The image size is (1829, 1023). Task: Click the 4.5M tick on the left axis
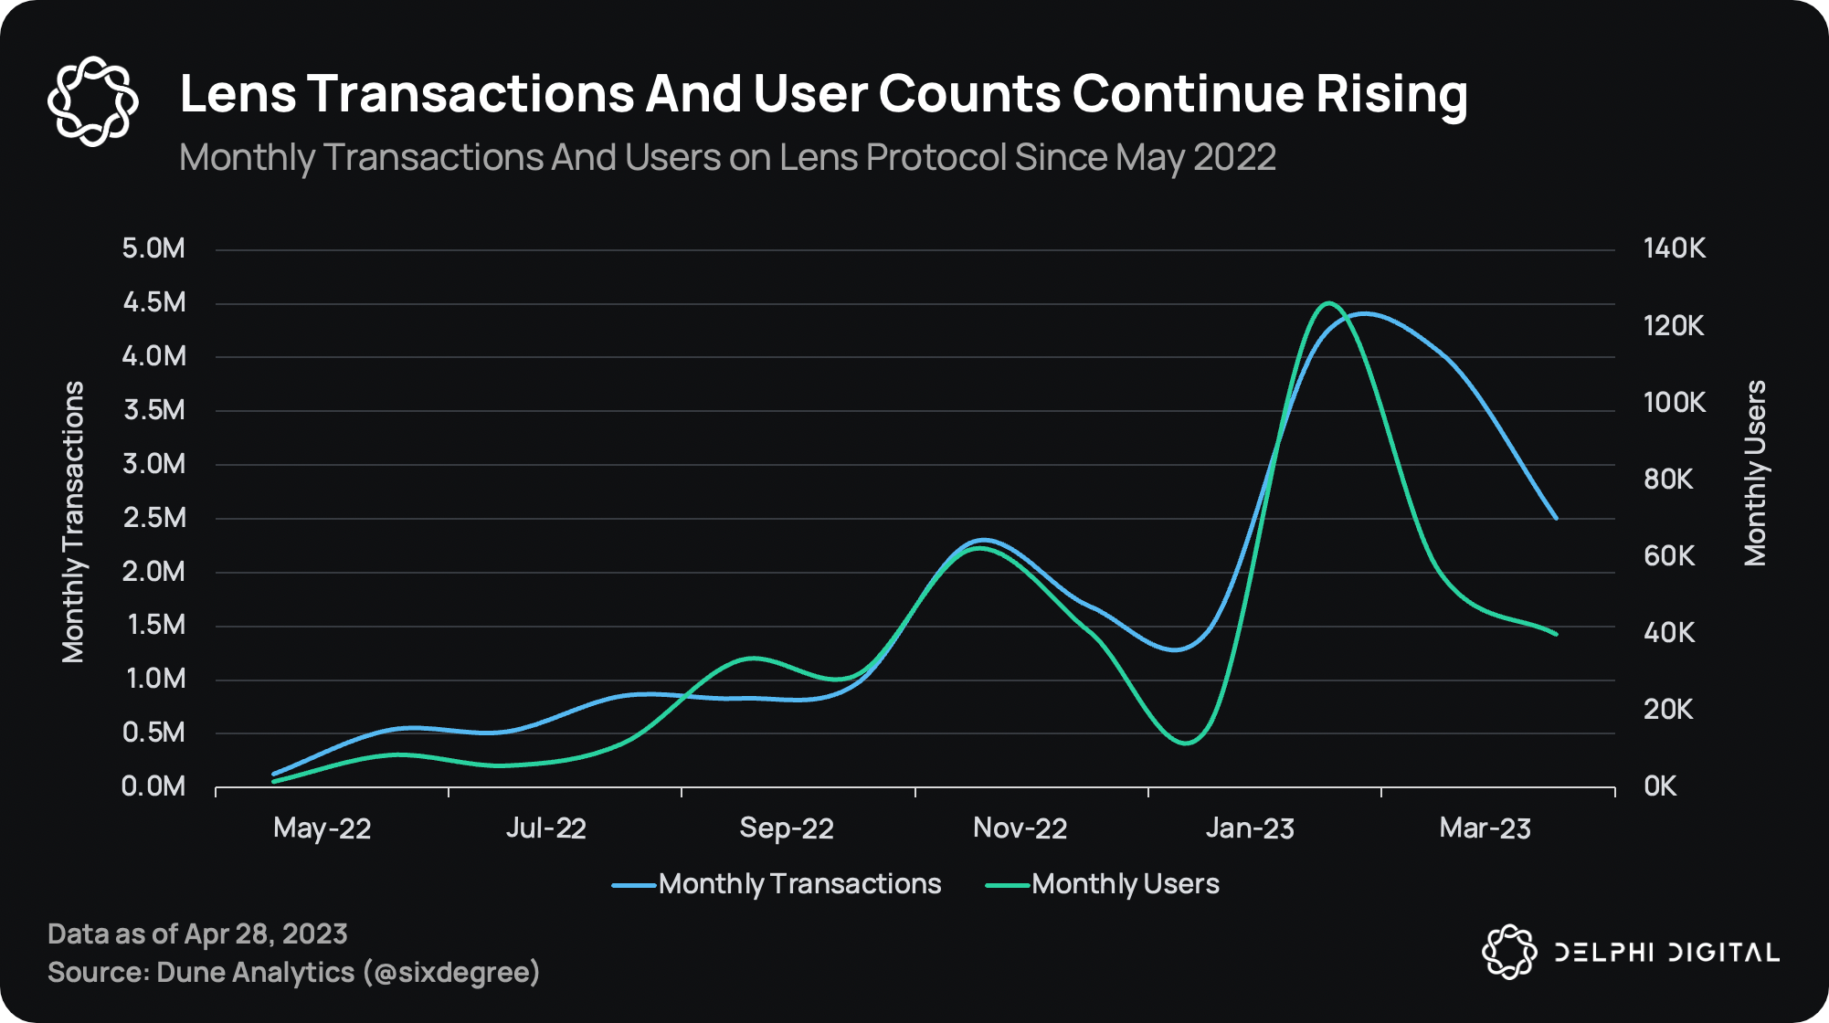pyautogui.click(x=153, y=302)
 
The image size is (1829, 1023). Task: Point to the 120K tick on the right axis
pyautogui.click(x=1673, y=326)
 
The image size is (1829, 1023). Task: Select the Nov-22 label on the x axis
pyautogui.click(x=1020, y=828)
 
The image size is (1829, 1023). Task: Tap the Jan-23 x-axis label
pyautogui.click(x=1250, y=828)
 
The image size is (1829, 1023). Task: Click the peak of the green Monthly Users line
pyautogui.click(x=1327, y=303)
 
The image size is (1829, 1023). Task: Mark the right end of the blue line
pyautogui.click(x=1556, y=518)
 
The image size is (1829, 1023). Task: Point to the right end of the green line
pyautogui.click(x=1556, y=634)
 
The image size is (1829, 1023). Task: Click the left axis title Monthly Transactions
pyautogui.click(x=73, y=522)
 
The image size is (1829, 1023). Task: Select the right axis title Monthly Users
pyautogui.click(x=1755, y=473)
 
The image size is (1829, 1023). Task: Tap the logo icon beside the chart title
pyautogui.click(x=92, y=100)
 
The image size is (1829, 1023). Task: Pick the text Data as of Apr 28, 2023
pyautogui.click(x=197, y=934)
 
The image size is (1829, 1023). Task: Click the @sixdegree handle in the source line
pyautogui.click(x=451, y=973)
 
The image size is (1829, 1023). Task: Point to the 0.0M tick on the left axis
pyautogui.click(x=153, y=786)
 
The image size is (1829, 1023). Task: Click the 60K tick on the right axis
pyautogui.click(x=1668, y=556)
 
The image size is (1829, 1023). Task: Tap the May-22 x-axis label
pyautogui.click(x=322, y=828)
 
